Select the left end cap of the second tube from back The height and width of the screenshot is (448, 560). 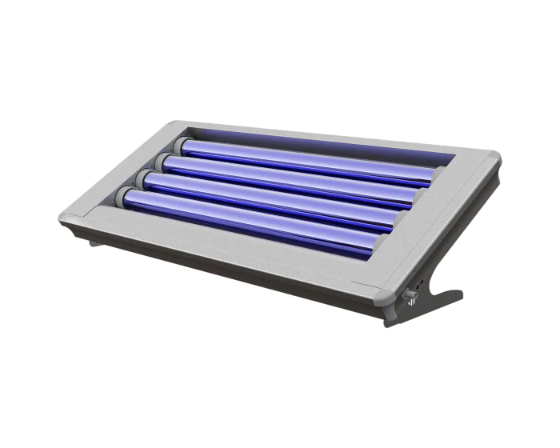166,162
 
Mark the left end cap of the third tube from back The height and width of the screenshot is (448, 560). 150,179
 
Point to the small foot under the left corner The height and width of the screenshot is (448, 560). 95,241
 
